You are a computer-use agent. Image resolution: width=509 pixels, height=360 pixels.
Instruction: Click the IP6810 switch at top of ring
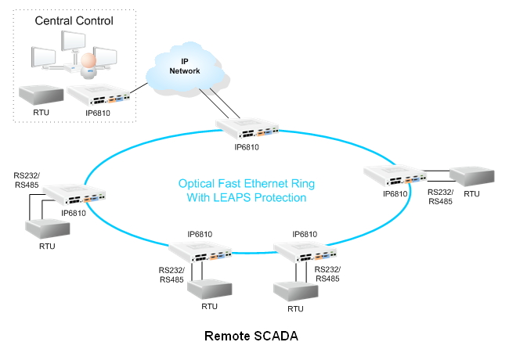[246, 127]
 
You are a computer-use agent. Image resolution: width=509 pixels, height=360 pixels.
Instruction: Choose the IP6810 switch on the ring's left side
[73, 193]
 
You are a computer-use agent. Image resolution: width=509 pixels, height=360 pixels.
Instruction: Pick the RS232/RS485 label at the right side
[439, 195]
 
